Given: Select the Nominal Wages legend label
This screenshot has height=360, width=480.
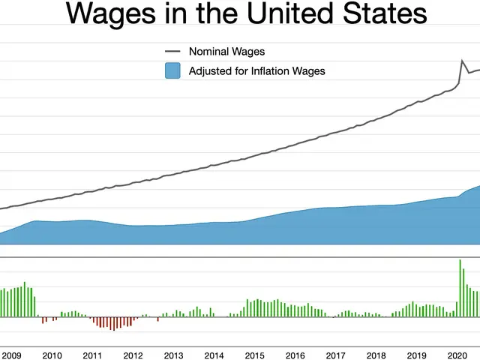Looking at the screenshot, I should pos(226,52).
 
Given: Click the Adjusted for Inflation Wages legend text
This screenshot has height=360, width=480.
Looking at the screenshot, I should pos(256,71).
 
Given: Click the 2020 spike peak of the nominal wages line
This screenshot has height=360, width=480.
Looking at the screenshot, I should pos(461,60).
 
